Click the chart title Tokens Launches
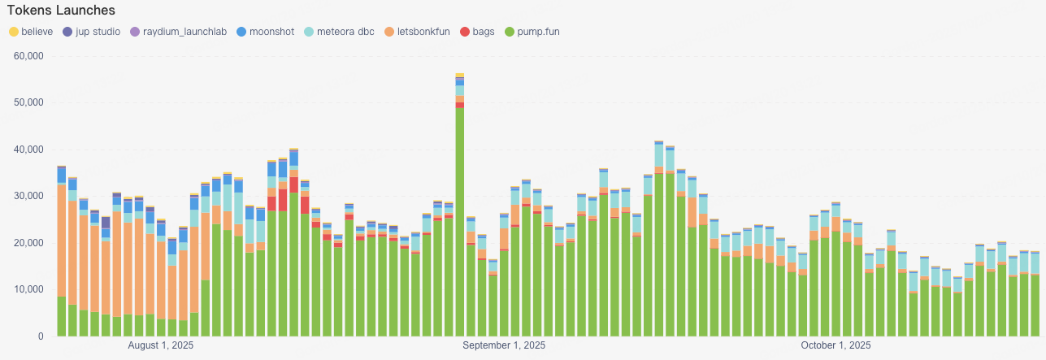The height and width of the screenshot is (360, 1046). tap(61, 11)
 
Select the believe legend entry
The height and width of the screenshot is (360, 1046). tap(32, 32)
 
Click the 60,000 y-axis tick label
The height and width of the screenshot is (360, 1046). tap(29, 56)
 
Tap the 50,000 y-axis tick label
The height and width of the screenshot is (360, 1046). tap(29, 102)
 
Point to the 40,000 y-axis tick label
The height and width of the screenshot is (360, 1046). tap(29, 150)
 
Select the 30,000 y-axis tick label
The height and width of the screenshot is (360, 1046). tap(29, 196)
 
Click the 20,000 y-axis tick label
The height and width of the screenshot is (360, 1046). tap(29, 243)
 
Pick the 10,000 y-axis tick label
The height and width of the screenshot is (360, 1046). tap(29, 289)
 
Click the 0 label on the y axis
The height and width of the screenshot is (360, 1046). tap(39, 336)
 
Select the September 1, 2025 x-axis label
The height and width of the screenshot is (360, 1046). tap(504, 345)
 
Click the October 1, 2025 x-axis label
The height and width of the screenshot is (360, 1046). tap(835, 345)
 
